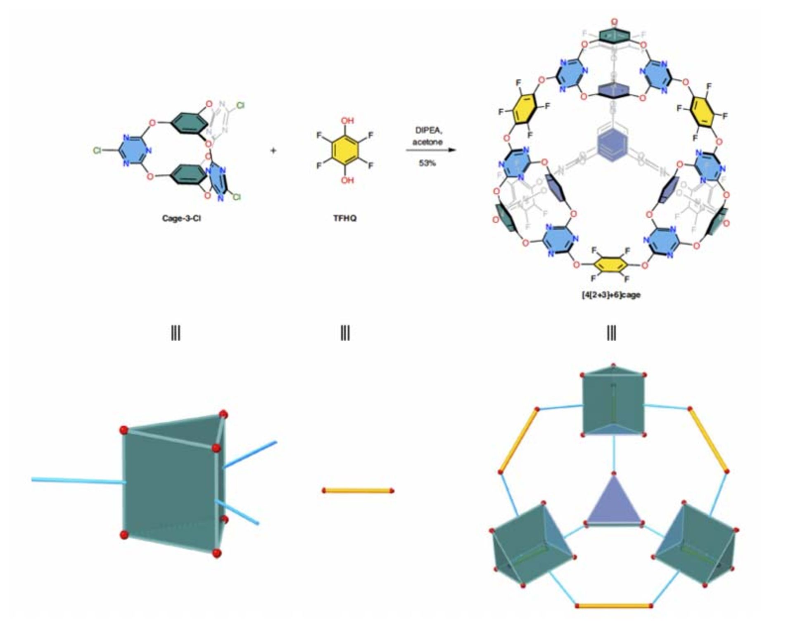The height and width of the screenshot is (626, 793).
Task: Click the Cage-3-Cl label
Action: [x=181, y=218]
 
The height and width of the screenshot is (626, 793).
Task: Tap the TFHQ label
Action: [x=345, y=218]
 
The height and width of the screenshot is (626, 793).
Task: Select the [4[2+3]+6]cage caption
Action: [x=611, y=295]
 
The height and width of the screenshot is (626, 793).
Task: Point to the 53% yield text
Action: [x=427, y=163]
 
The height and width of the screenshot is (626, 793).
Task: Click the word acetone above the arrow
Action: [x=427, y=142]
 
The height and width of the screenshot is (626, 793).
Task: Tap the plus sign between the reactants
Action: [x=273, y=151]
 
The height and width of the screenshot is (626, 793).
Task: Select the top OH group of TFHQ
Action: [x=347, y=121]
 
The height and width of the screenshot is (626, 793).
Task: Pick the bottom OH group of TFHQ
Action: [x=347, y=180]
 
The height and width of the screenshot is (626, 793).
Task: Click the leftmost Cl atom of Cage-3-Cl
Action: [x=97, y=151]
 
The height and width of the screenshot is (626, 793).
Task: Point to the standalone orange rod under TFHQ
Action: [x=358, y=491]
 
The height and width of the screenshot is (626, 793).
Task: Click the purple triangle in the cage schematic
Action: [x=614, y=504]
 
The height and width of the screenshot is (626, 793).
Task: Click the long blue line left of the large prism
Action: [x=78, y=480]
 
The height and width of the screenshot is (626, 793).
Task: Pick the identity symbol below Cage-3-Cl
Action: [x=176, y=333]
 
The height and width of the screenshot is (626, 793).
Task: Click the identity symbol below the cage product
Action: [x=611, y=333]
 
